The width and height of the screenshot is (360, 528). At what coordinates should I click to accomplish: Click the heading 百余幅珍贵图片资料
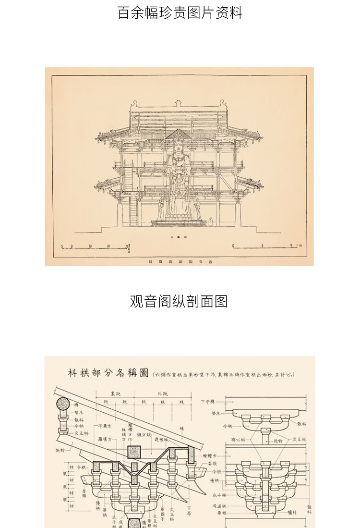(180, 12)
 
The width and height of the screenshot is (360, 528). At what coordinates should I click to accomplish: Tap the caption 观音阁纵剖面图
(179, 301)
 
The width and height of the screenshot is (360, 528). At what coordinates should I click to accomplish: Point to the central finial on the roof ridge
(179, 103)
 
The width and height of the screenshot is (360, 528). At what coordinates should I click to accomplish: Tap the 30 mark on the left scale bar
(127, 246)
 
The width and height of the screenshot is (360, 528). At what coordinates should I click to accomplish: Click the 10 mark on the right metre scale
(233, 246)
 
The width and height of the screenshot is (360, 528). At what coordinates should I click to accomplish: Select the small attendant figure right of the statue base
(210, 221)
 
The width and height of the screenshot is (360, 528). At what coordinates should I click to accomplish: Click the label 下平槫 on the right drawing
(207, 401)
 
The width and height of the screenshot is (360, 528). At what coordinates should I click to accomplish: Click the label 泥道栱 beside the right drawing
(219, 506)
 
